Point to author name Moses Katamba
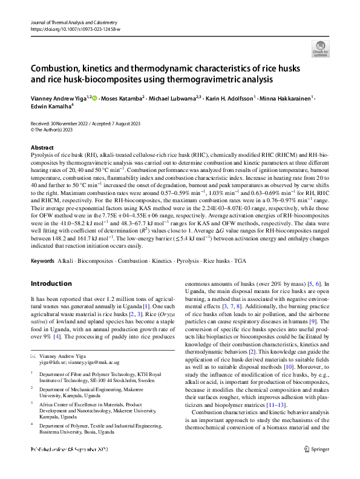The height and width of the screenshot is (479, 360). [x=121, y=98]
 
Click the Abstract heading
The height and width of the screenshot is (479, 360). [x=42, y=147]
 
